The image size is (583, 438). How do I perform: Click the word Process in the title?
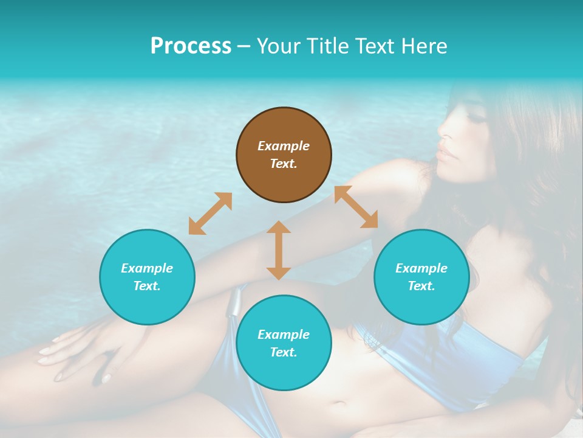point(191,46)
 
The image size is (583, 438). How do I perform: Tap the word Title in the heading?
point(326,46)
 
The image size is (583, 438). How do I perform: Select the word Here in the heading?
point(423,46)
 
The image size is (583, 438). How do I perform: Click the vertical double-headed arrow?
point(279,250)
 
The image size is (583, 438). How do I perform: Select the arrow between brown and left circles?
point(210,214)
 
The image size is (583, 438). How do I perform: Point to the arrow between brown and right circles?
point(356,207)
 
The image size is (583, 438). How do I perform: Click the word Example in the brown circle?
point(284,146)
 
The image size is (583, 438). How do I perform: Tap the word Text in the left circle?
point(147,286)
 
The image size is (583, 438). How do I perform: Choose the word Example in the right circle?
point(421,268)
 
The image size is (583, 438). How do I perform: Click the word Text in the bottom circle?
point(284,352)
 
